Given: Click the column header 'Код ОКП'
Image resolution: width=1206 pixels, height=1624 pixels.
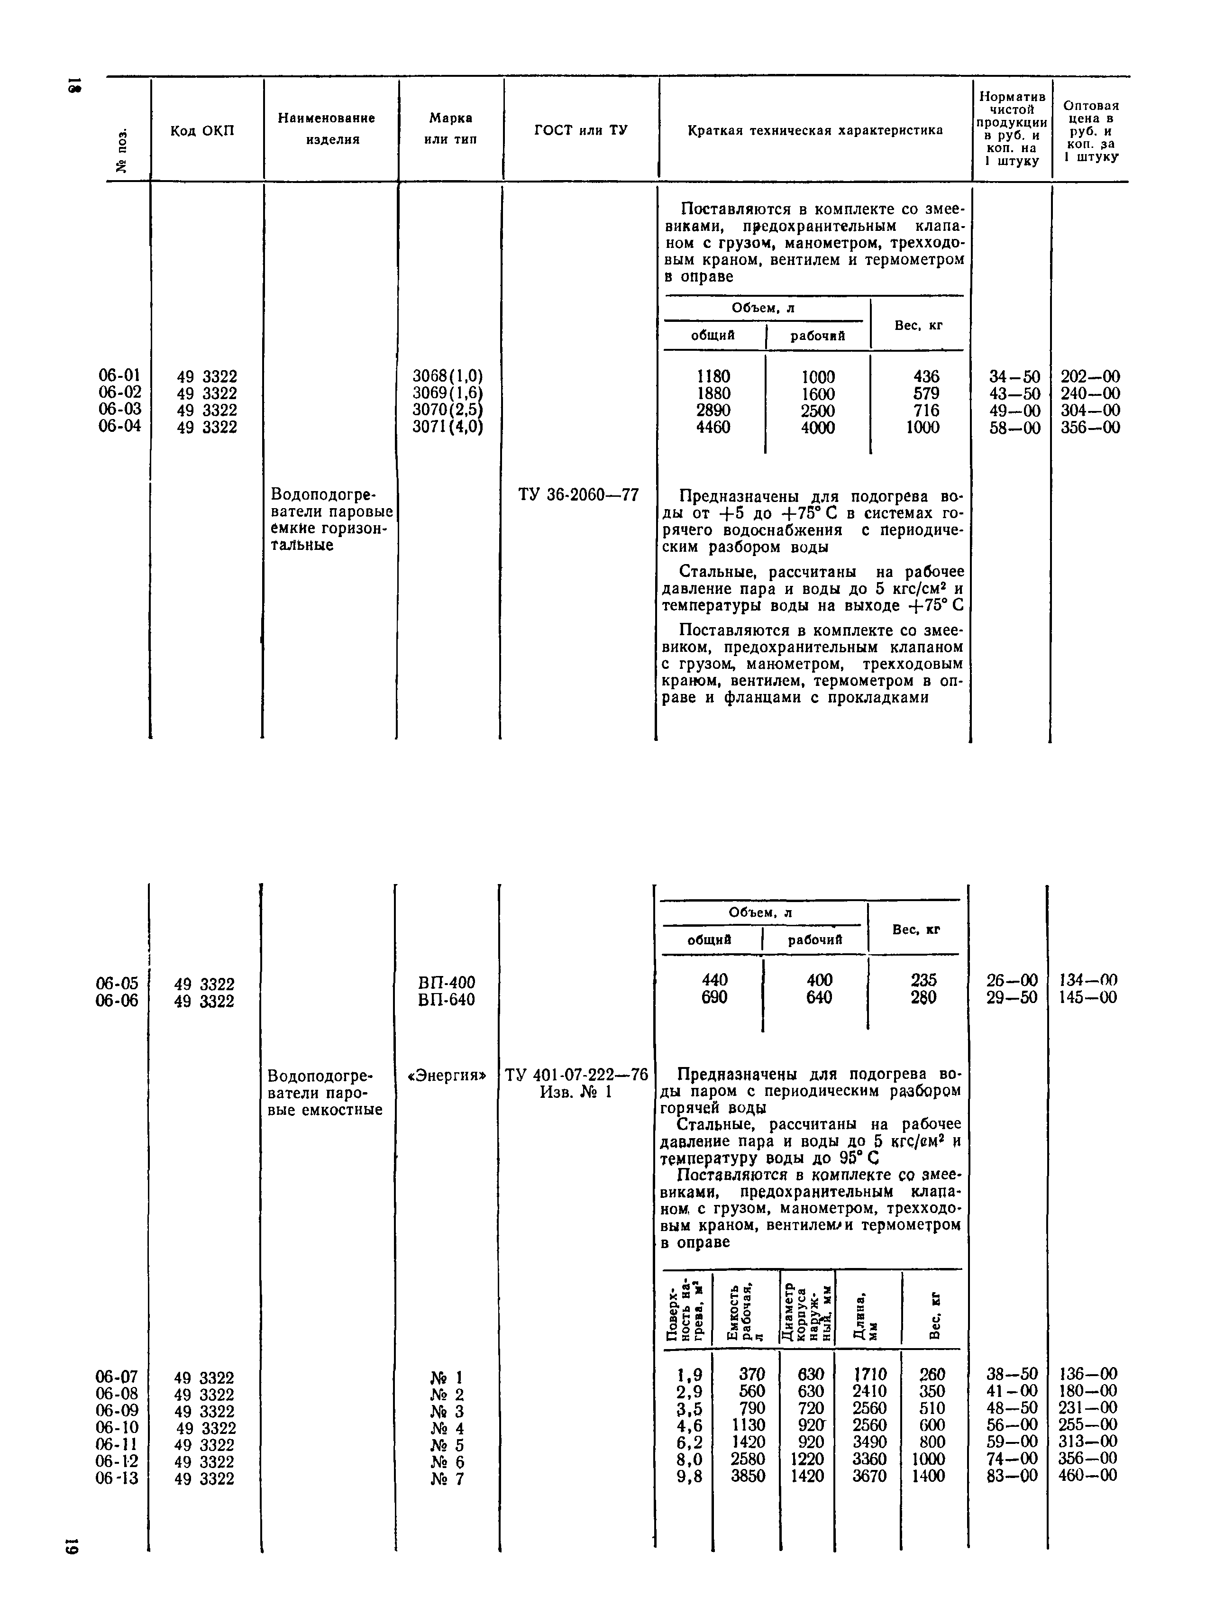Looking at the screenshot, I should click(202, 131).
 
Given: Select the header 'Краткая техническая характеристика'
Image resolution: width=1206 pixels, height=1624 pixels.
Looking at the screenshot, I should click(815, 131).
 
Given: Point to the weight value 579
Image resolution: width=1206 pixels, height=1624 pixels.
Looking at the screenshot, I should click(926, 394).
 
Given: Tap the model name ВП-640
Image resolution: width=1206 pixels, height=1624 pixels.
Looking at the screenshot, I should click(446, 999).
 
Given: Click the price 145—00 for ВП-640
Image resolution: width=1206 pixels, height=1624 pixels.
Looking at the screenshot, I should click(1087, 998).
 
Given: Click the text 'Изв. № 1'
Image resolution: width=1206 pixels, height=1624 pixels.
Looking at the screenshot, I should click(575, 1093).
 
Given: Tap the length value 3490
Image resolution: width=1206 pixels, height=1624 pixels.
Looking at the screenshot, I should click(869, 1443).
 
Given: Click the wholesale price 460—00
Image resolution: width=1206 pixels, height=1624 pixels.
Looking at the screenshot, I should click(1087, 1476).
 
